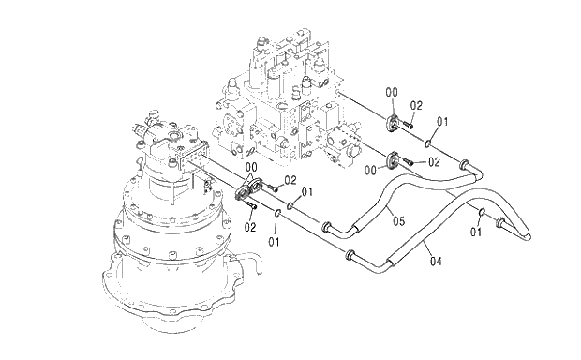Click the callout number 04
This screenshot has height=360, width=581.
pyautogui.click(x=436, y=262)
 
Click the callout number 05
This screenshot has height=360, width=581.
pyautogui.click(x=398, y=221)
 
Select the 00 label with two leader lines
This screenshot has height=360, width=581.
pyautogui.click(x=251, y=167)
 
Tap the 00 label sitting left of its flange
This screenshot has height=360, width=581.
pyautogui.click(x=370, y=171)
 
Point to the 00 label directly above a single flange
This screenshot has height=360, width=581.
pyautogui.click(x=392, y=92)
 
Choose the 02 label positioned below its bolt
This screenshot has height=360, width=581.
pyautogui.click(x=250, y=227)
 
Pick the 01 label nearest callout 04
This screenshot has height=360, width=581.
pyautogui.click(x=476, y=232)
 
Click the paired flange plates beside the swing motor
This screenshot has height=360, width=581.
pyautogui.click(x=248, y=190)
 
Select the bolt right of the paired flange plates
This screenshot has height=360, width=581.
pyautogui.click(x=273, y=188)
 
